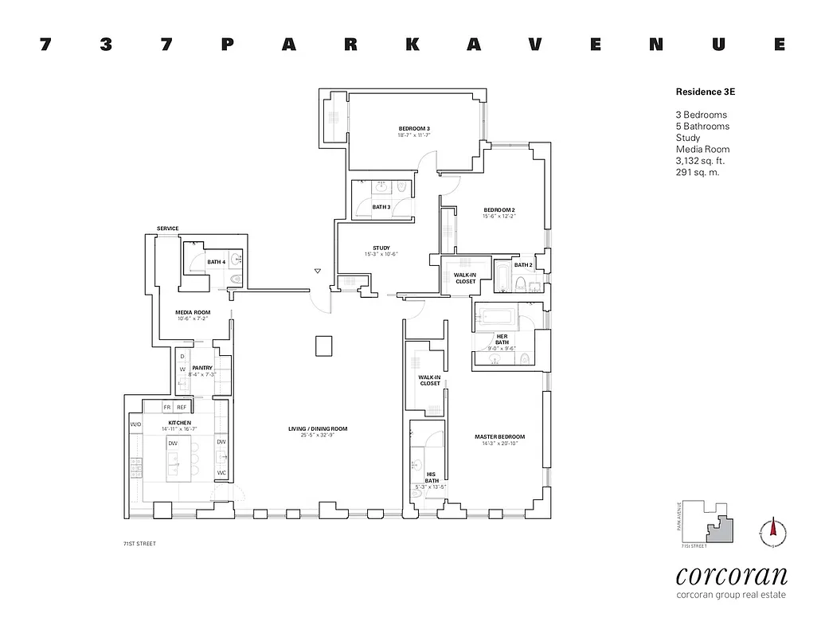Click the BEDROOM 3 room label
(x=414, y=129)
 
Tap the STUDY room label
(x=381, y=248)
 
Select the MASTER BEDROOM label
(x=499, y=437)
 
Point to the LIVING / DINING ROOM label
(x=318, y=429)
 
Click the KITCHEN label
(x=179, y=422)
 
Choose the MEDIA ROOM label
(x=193, y=312)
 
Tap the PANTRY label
(x=201, y=368)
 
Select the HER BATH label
(x=502, y=338)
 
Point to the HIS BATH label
(x=431, y=477)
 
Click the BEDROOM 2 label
(x=499, y=209)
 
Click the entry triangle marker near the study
(x=317, y=272)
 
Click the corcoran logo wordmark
(x=731, y=576)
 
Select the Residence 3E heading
(x=705, y=92)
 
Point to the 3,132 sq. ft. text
(x=700, y=161)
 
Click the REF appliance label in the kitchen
(x=182, y=407)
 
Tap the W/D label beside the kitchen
(x=135, y=424)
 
